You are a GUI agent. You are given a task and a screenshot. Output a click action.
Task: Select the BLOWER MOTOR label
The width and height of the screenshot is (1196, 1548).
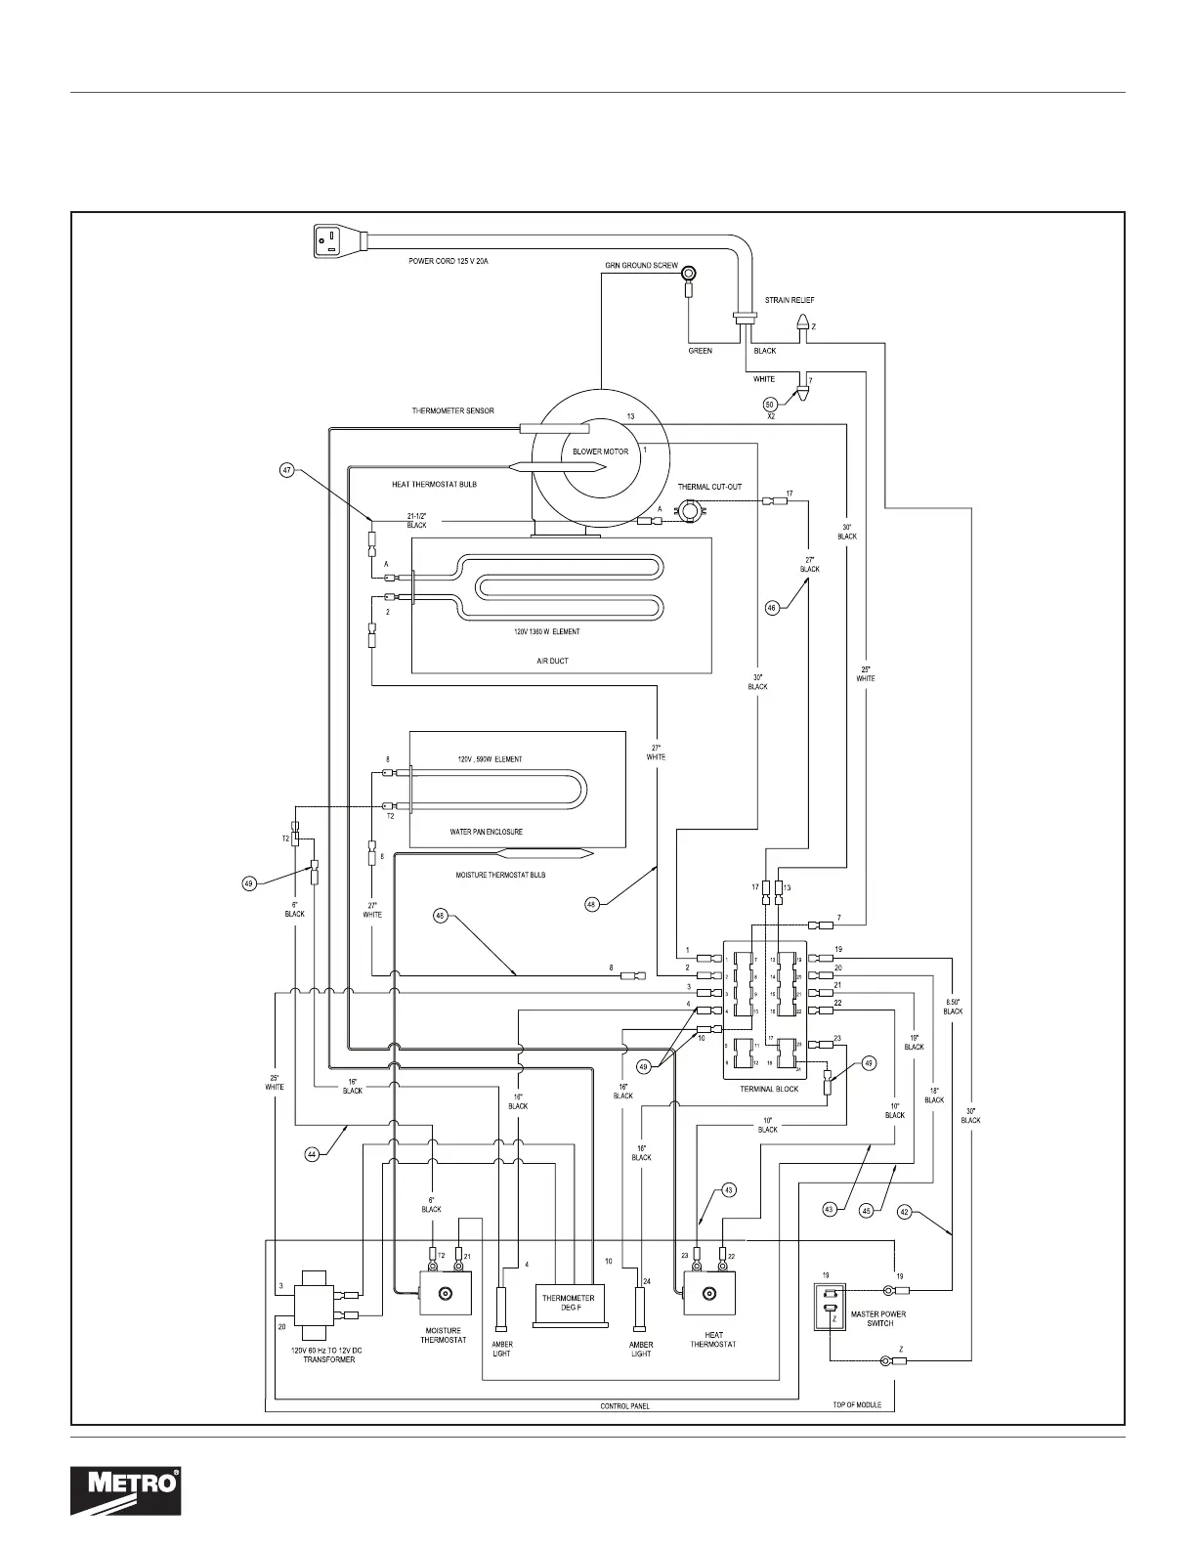tap(600, 451)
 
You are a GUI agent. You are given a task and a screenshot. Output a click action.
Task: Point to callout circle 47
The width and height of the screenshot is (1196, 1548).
tap(287, 470)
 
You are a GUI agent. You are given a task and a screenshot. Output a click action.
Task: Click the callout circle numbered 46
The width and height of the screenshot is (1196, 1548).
tap(772, 608)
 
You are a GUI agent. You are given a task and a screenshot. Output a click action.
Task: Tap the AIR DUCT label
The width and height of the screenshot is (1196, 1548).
tap(552, 661)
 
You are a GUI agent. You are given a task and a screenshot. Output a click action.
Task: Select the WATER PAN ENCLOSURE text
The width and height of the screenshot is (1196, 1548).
tap(486, 832)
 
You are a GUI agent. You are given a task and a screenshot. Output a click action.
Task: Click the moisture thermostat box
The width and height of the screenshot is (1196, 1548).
tap(446, 1295)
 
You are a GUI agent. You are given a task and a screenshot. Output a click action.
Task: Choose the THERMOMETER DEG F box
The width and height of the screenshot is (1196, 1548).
tap(569, 1303)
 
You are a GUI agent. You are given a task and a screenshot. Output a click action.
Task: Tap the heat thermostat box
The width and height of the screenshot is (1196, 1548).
tap(711, 1295)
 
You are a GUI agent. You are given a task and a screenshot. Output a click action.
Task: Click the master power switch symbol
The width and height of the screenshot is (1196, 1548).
tap(831, 1307)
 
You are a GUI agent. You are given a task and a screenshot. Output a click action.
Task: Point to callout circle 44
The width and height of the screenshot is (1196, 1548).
tap(312, 1154)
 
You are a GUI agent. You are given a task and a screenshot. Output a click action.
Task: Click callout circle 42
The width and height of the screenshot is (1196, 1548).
tap(904, 1212)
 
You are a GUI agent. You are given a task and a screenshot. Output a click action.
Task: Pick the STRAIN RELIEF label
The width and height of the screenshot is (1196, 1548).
tap(789, 301)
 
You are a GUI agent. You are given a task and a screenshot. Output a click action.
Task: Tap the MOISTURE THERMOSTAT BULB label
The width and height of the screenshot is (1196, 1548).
tap(500, 875)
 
